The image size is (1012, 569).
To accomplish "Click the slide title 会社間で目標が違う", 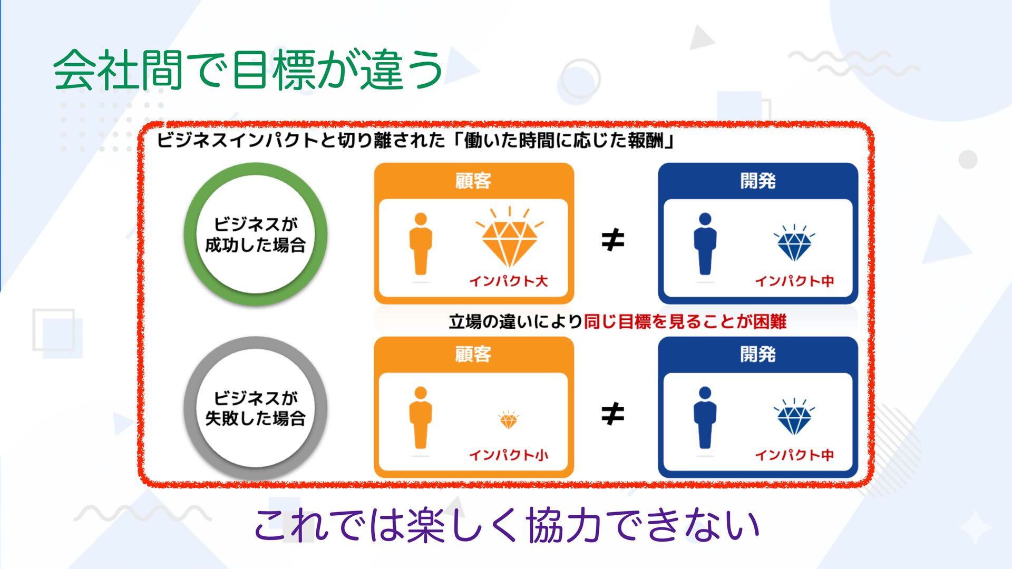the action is pos(248,70).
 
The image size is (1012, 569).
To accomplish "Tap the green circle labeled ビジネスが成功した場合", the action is pos(256,234).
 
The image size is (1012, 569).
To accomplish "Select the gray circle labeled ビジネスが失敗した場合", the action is pos(256,408).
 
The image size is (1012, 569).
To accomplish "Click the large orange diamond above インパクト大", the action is pos(509,240).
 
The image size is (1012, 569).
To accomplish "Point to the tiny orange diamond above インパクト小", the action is pos(509,420).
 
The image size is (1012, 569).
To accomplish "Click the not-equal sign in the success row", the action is pos(612,240).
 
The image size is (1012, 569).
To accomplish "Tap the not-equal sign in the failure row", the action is pos(612,414).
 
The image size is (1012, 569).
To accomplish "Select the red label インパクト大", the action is pos(509,281).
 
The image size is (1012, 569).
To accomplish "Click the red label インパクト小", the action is pos(509,455).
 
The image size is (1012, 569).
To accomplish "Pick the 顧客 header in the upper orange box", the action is pos(473,181).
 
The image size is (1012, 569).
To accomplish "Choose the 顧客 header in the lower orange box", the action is pos(473,354).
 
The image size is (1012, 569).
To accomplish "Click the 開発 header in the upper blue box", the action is pos(758,181).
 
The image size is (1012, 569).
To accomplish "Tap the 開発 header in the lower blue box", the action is pos(758,354).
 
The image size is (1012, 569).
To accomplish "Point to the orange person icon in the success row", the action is pos(421,244).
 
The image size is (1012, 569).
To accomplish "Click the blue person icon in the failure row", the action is pos(705,418).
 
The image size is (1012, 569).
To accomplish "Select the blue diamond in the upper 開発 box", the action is pos(794,244).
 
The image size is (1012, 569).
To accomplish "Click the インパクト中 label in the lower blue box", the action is pos(794,455).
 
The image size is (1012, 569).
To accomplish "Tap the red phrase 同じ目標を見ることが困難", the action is pos(685,321).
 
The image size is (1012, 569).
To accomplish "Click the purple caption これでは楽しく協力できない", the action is pos(506,525).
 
